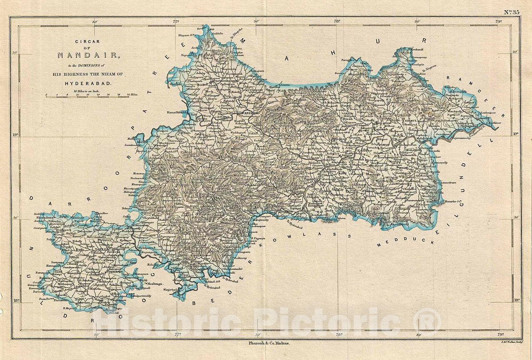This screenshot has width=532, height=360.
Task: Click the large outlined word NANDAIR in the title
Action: coord(87,55)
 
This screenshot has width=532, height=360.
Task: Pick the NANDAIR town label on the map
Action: coord(247,113)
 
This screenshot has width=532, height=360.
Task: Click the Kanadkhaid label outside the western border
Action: coord(178,113)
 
